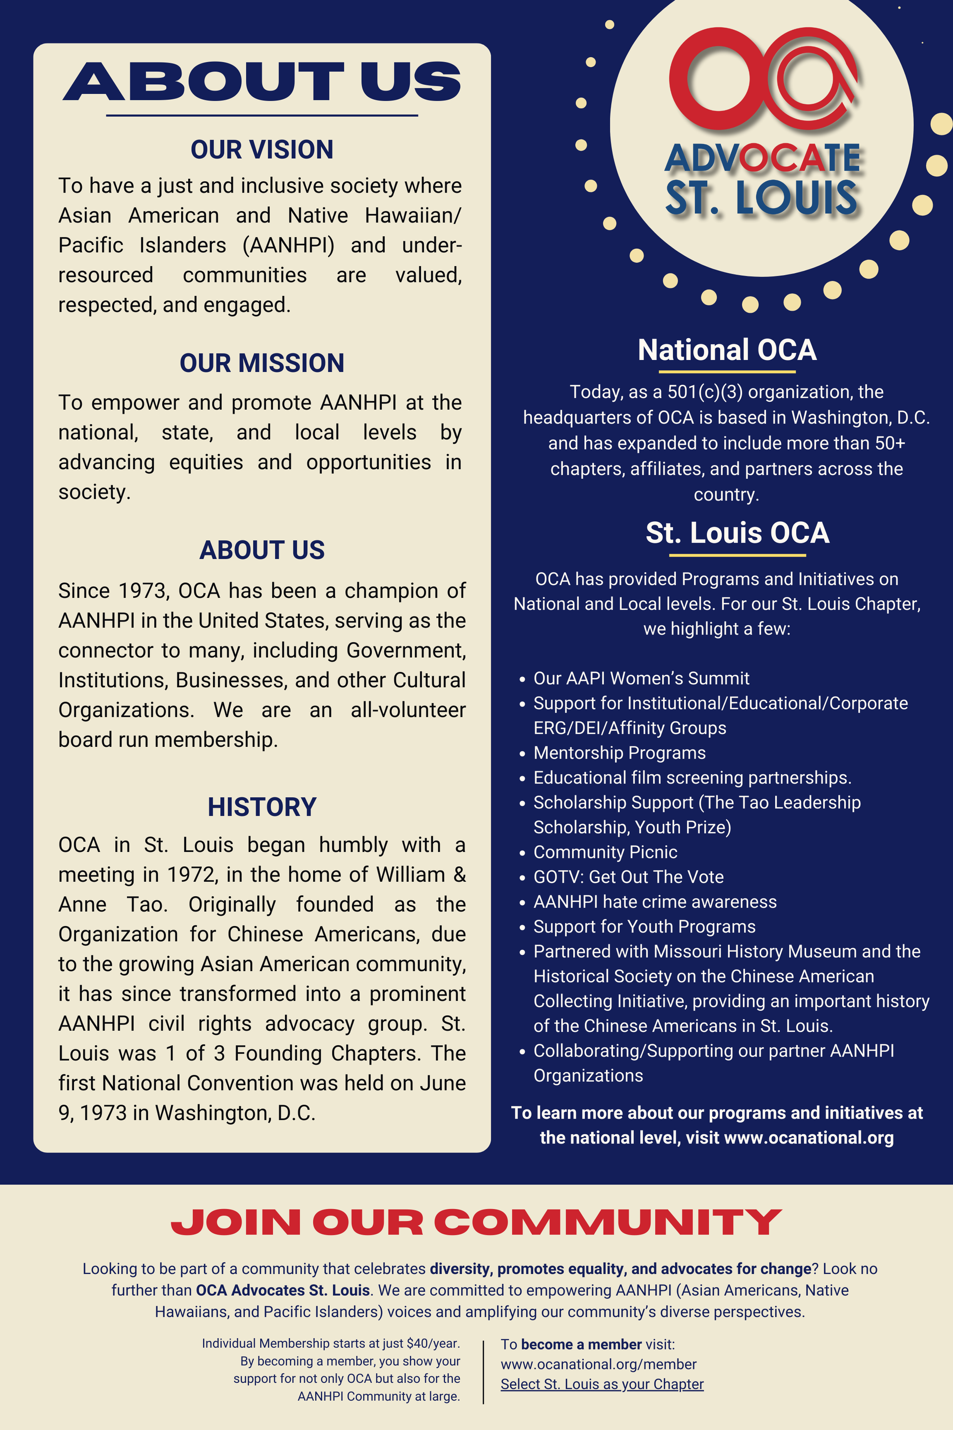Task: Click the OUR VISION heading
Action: tap(262, 149)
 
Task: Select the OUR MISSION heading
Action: tap(262, 363)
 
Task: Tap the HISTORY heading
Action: tap(262, 807)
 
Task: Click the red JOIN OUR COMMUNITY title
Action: tap(476, 1221)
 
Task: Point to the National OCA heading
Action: tap(727, 350)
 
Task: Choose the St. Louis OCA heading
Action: tap(737, 533)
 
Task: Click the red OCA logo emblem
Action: tap(763, 79)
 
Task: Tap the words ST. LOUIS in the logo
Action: tap(761, 198)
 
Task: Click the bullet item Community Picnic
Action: tap(606, 853)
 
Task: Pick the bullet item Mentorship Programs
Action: tap(619, 753)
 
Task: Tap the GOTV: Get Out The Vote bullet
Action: tap(628, 877)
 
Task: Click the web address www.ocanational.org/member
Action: tap(599, 1364)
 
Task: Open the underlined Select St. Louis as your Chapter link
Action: tap(602, 1384)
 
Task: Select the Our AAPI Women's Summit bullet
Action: tap(641, 679)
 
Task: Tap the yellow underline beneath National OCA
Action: tap(727, 371)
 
